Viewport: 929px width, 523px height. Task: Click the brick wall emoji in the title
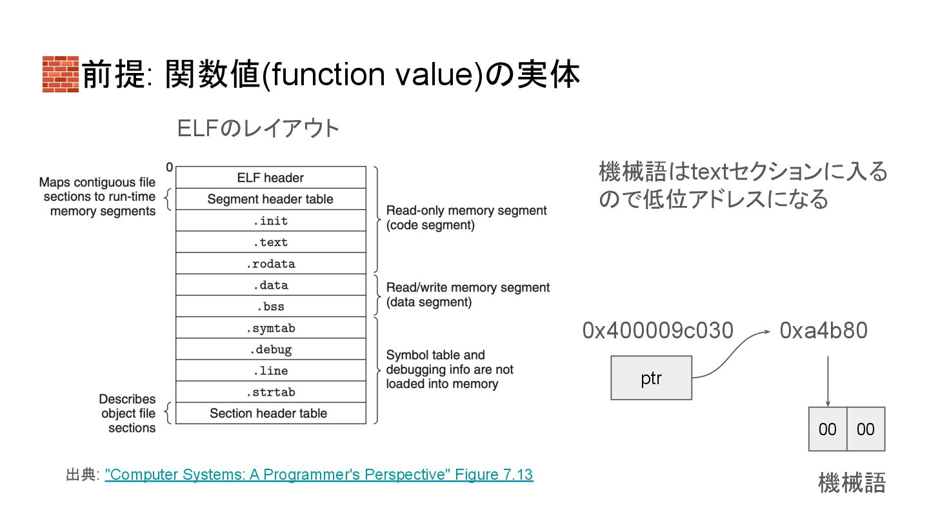click(x=60, y=75)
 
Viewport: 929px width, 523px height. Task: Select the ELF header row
click(x=270, y=178)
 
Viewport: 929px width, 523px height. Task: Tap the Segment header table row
click(x=270, y=199)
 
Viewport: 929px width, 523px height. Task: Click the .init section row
click(x=270, y=221)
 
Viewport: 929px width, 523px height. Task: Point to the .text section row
click(x=270, y=242)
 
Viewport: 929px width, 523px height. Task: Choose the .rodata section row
click(x=270, y=263)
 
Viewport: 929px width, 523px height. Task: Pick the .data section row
click(x=270, y=285)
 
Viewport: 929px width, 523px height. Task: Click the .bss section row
click(x=270, y=306)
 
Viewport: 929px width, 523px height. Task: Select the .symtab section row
click(x=270, y=328)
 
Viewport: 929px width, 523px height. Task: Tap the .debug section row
click(x=270, y=349)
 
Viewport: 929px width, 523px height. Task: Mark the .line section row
click(x=270, y=371)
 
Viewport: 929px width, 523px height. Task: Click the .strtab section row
click(x=270, y=392)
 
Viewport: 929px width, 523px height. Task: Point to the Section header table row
click(x=270, y=413)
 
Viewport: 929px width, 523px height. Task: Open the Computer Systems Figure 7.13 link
click(x=319, y=475)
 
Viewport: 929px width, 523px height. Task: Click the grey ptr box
click(x=651, y=378)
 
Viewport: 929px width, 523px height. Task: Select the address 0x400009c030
click(x=657, y=331)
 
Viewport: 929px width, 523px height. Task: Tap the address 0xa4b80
click(x=823, y=331)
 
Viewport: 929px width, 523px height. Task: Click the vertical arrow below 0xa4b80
click(x=828, y=381)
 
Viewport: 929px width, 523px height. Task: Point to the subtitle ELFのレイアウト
click(x=258, y=128)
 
